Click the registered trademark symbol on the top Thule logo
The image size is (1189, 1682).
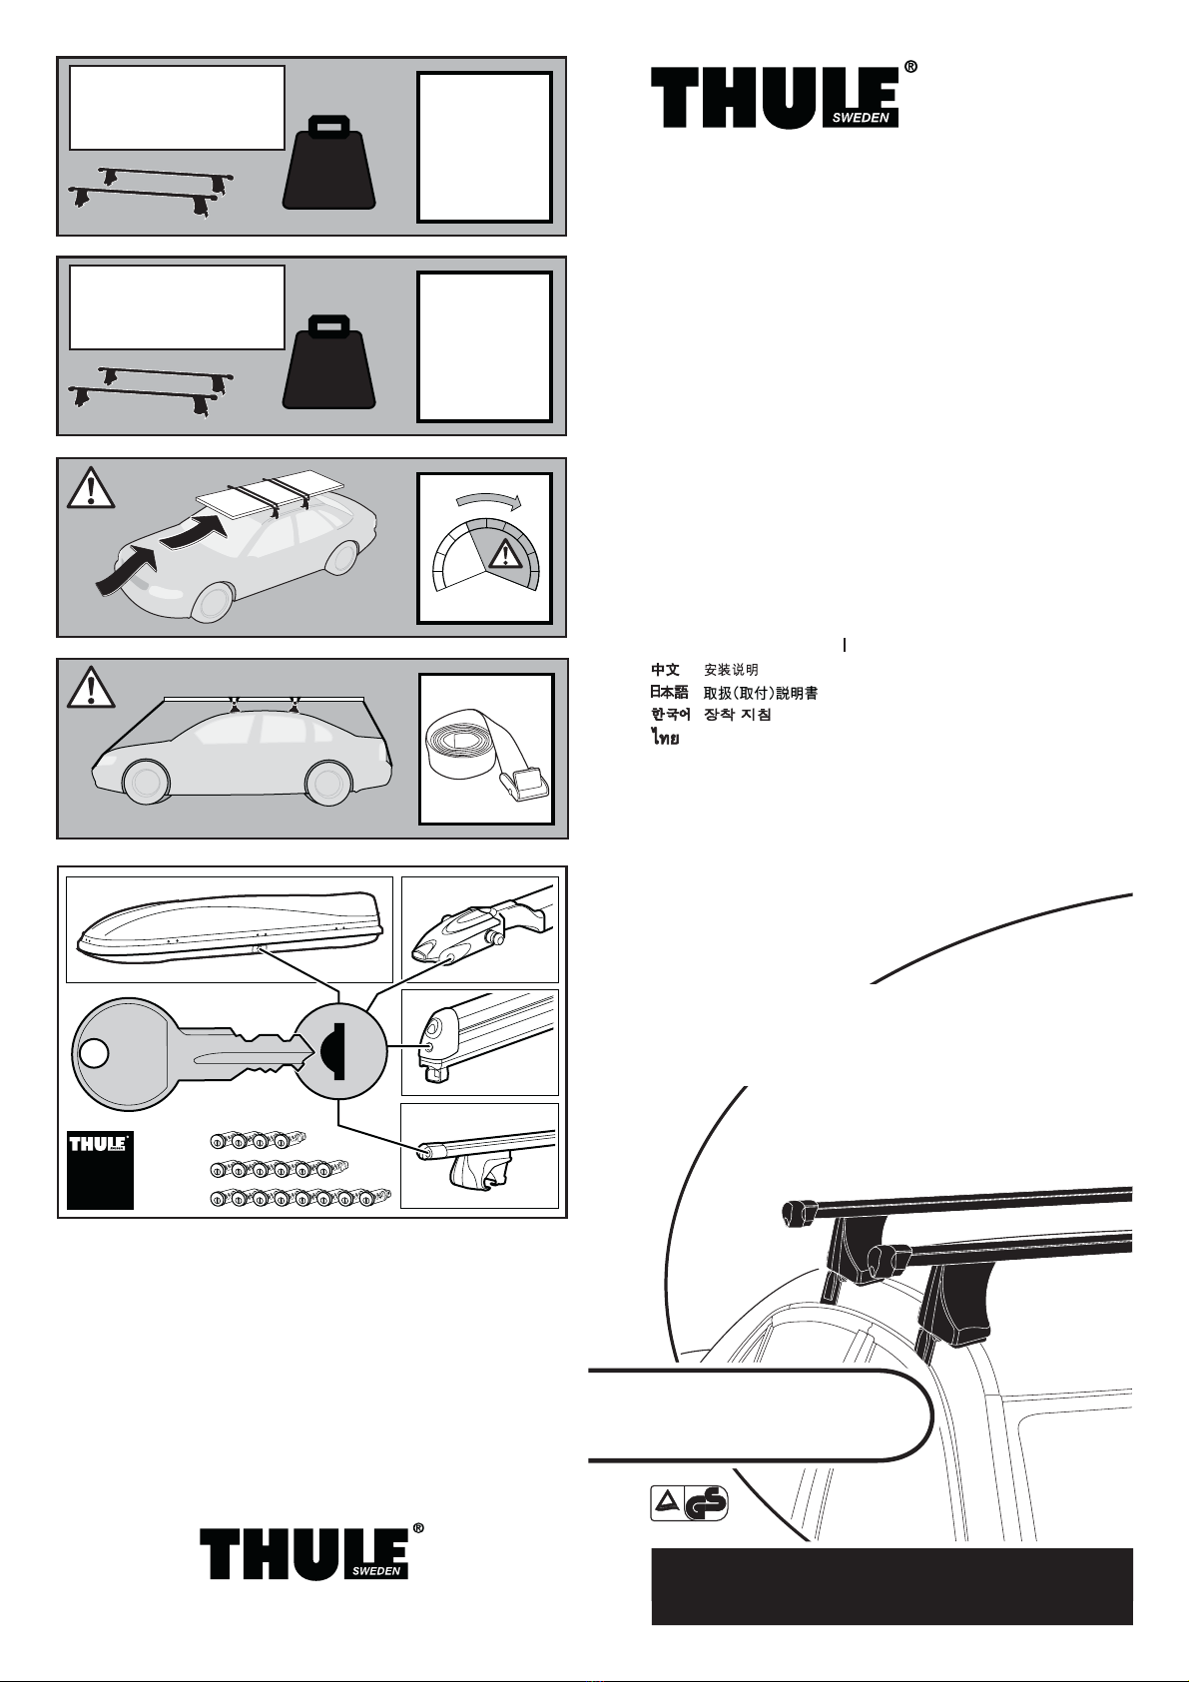pyautogui.click(x=909, y=67)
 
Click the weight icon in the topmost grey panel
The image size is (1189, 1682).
pyautogui.click(x=329, y=162)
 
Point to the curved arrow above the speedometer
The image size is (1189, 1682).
pyautogui.click(x=486, y=500)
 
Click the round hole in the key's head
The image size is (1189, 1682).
pyautogui.click(x=93, y=1053)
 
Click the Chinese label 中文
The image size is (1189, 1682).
pyautogui.click(x=665, y=669)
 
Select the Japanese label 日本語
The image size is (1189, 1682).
pyautogui.click(x=669, y=692)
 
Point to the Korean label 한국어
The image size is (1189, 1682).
pyautogui.click(x=670, y=714)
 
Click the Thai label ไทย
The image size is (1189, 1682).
pyautogui.click(x=665, y=739)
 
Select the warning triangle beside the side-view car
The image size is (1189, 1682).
pyautogui.click(x=91, y=687)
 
